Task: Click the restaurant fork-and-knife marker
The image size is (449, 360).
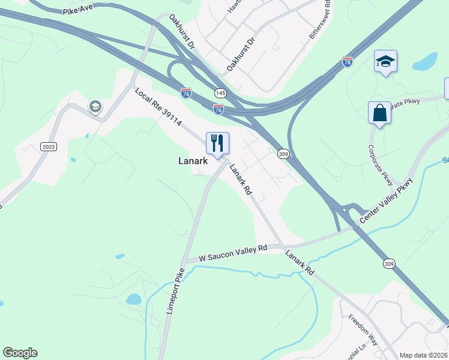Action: click(217, 143)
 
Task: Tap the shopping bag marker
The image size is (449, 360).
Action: click(379, 112)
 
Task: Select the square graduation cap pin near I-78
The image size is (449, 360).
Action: click(385, 61)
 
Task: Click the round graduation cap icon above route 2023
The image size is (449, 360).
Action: click(95, 107)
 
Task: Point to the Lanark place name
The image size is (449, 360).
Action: click(193, 161)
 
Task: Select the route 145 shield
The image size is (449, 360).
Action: click(221, 93)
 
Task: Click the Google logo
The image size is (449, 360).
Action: click(20, 353)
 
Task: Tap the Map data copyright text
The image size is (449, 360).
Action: click(424, 355)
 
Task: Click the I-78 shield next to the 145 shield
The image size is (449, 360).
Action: click(218, 109)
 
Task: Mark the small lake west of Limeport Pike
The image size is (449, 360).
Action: click(133, 299)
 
